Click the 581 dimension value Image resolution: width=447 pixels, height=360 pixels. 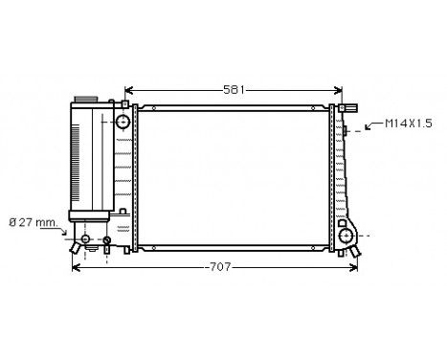(234, 89)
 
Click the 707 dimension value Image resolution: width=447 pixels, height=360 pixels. (219, 267)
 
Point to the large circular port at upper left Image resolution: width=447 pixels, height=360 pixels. (123, 122)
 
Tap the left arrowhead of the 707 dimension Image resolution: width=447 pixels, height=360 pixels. (78, 267)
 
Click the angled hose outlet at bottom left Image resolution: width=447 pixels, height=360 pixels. (74, 248)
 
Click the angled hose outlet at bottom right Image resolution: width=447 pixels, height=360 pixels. (357, 250)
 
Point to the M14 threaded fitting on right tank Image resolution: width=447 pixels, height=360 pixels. (347, 125)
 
